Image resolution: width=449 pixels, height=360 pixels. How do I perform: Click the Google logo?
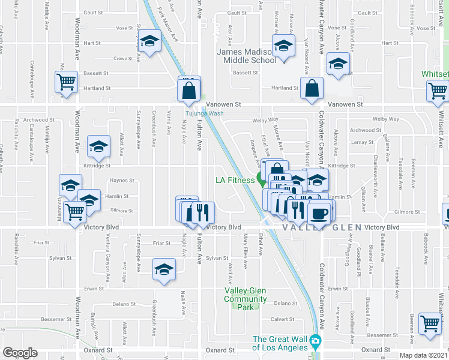pyautogui.click(x=20, y=353)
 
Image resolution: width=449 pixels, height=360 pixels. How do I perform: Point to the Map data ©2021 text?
pyautogui.click(x=423, y=355)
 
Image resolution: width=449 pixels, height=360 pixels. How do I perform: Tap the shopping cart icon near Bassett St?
pyautogui.click(x=67, y=82)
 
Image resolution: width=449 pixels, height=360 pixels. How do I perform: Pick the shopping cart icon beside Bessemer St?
pyautogui.click(x=430, y=323)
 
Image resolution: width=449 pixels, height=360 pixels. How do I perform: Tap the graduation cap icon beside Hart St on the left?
pyautogui.click(x=150, y=41)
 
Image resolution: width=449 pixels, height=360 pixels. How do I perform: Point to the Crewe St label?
pyautogui.click(x=122, y=59)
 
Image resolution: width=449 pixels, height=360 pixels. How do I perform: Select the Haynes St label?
pyautogui.click(x=122, y=181)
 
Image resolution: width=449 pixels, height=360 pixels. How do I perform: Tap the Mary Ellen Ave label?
pyautogui.click(x=245, y=255)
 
